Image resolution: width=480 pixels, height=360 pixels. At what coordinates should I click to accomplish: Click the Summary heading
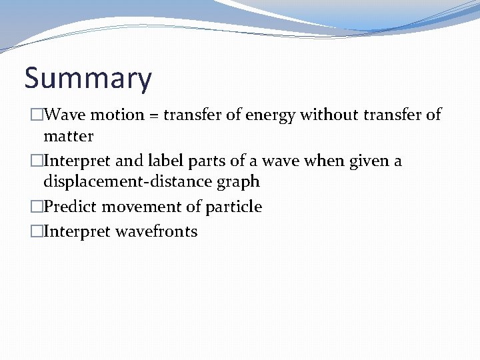(88, 79)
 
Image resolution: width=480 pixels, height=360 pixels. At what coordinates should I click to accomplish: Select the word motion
(117, 115)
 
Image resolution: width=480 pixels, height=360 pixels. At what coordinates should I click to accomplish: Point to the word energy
(271, 115)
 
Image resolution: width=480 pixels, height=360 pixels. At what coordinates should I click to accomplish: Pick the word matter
(68, 136)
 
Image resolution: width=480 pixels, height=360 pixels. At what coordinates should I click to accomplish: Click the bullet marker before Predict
(37, 207)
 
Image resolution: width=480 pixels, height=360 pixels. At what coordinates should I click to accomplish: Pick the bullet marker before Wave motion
(37, 115)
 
